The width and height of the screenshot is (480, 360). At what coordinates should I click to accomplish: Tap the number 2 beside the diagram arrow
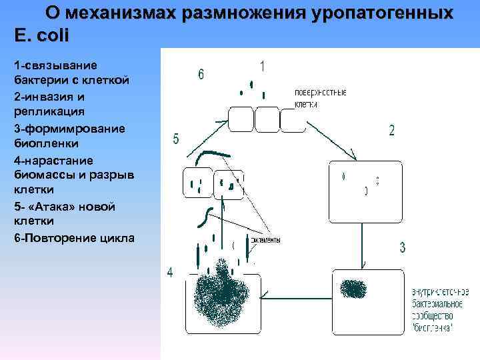point(391,130)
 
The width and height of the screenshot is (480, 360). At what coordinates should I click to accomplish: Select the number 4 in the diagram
point(171,272)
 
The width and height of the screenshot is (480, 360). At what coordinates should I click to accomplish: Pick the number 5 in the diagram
point(175,139)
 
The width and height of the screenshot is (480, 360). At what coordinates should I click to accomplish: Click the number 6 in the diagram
point(201,74)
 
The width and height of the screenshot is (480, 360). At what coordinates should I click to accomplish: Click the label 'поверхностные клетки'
point(320,98)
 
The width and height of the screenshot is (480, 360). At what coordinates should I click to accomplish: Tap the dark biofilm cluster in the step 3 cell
point(353,289)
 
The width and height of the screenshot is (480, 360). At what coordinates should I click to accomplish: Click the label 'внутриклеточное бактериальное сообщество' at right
point(440,309)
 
